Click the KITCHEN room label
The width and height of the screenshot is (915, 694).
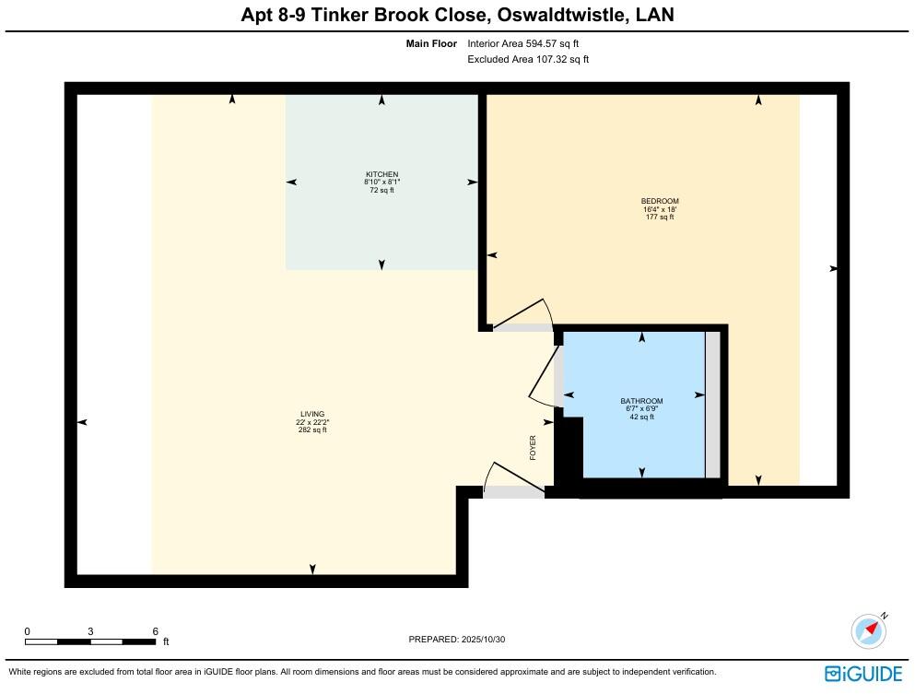[381, 174]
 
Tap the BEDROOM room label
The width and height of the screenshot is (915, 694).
[660, 202]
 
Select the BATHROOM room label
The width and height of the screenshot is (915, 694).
[641, 401]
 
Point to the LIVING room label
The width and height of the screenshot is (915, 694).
[312, 414]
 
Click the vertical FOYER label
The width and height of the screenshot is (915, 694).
[533, 448]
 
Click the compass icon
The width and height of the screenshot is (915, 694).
[869, 630]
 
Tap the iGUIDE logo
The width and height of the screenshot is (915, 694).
[864, 674]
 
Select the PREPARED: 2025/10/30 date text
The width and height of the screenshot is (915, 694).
[457, 639]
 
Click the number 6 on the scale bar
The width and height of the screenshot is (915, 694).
[156, 631]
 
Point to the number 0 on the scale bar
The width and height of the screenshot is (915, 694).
[28, 631]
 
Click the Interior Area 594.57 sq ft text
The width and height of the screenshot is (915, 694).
[522, 43]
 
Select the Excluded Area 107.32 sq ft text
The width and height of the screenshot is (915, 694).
[528, 59]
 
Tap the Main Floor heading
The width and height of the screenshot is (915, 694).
[431, 43]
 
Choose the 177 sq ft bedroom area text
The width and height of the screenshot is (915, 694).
[660, 218]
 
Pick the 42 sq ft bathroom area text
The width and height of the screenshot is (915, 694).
[641, 418]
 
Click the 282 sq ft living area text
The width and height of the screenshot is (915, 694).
[312, 430]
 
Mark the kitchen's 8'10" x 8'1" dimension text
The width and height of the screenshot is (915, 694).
[381, 182]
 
